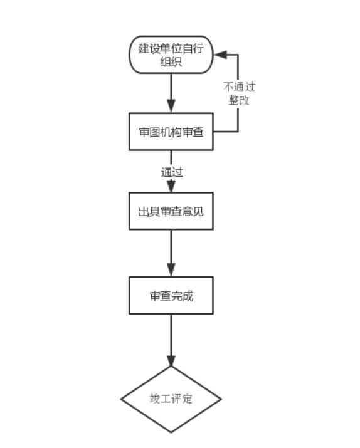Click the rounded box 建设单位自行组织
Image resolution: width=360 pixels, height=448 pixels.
click(171, 55)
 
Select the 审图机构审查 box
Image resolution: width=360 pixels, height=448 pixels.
click(171, 132)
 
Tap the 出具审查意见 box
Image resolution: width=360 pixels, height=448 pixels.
click(171, 211)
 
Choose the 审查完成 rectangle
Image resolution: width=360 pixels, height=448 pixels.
click(171, 295)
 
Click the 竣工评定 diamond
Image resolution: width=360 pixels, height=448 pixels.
click(171, 399)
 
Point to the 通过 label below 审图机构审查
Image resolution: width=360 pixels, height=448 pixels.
click(172, 172)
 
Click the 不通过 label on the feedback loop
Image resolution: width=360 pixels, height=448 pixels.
click(239, 87)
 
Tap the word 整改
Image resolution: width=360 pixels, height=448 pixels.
click(239, 100)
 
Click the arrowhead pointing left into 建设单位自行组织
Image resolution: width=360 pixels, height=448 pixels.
click(221, 55)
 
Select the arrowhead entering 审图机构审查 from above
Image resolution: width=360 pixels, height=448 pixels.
click(171, 107)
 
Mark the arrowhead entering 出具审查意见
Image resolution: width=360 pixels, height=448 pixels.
click(171, 186)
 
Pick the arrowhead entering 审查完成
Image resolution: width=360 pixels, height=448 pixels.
click(171, 270)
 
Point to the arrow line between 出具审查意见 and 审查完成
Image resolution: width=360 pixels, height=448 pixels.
click(171, 253)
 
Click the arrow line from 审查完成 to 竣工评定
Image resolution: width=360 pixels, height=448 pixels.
click(171, 340)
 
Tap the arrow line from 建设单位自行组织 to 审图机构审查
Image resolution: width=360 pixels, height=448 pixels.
click(171, 93)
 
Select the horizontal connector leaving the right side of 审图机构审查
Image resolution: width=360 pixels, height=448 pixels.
click(226, 132)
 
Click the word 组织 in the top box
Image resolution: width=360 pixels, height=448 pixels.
click(171, 61)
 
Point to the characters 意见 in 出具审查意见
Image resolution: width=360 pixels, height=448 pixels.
click(193, 211)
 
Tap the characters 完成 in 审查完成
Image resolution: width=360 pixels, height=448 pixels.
click(183, 296)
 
